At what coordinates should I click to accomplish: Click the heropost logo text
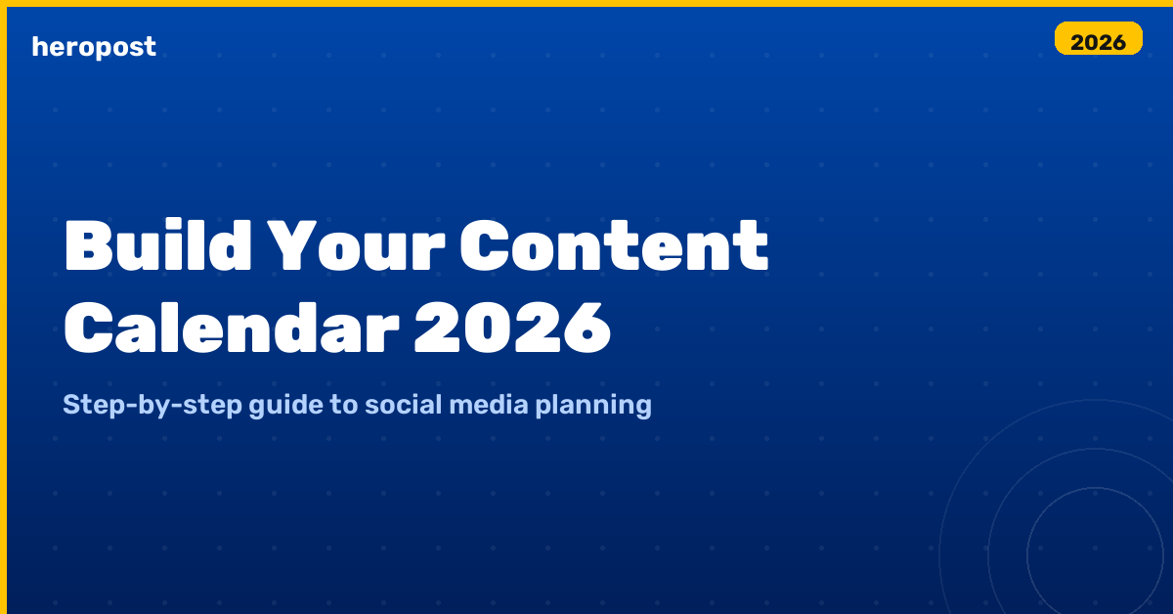coord(94,46)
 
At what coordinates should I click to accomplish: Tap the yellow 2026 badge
coord(1099,40)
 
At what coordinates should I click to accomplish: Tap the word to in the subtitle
coord(343,405)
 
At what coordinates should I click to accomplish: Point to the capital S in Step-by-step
coord(70,405)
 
